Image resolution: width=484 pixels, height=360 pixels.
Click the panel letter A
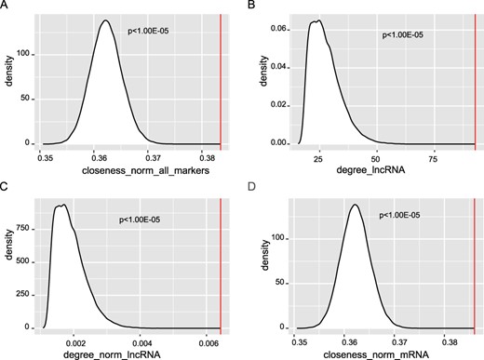(5, 6)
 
